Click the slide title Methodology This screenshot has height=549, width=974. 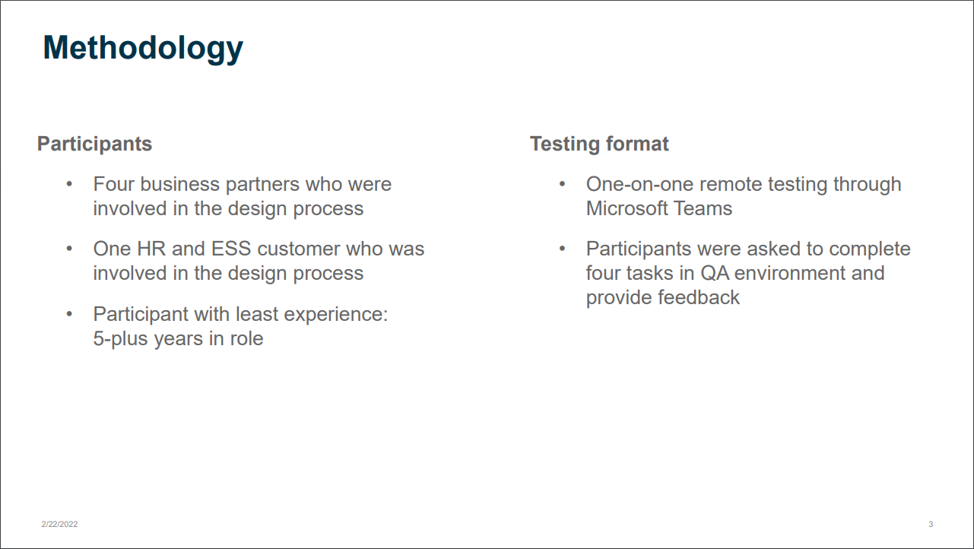pyautogui.click(x=143, y=48)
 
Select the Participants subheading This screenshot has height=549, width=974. pyautogui.click(x=94, y=144)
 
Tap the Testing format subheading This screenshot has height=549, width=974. pyautogui.click(x=599, y=144)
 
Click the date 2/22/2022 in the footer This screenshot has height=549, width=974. pyautogui.click(x=59, y=524)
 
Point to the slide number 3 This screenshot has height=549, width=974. pyautogui.click(x=931, y=524)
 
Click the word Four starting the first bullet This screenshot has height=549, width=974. pyautogui.click(x=114, y=184)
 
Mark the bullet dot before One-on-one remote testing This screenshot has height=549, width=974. pyautogui.click(x=562, y=184)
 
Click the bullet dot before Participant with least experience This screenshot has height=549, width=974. pyautogui.click(x=69, y=314)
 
